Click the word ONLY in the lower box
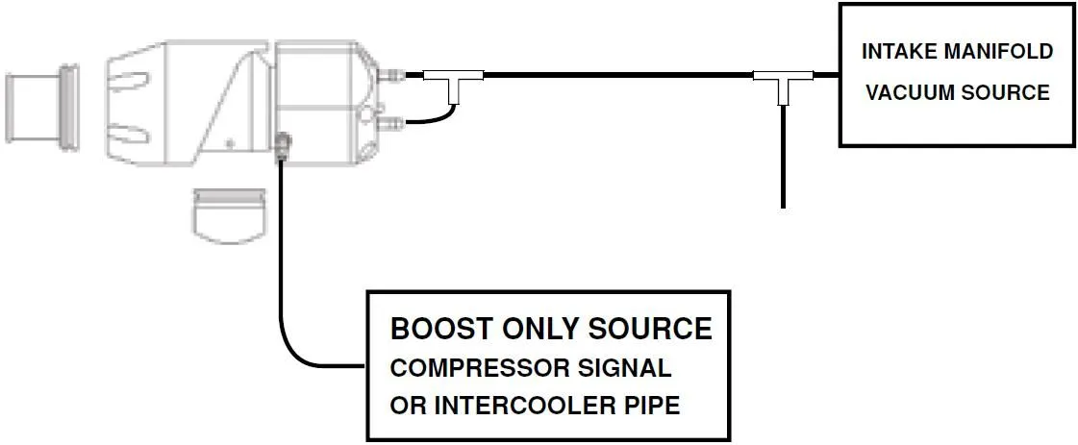click(527, 329)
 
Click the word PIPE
click(649, 406)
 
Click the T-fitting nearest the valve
click(456, 83)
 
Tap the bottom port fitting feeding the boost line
click(281, 147)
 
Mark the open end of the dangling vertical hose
click(784, 205)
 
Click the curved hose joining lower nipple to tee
click(439, 116)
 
